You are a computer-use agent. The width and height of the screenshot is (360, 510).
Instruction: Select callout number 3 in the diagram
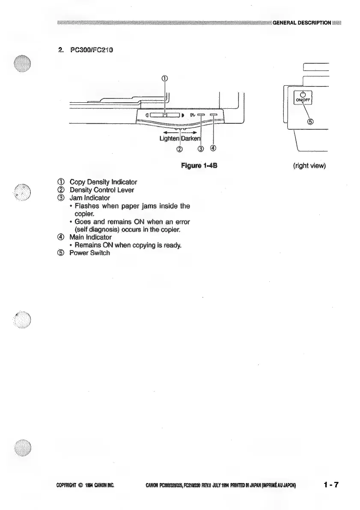201,149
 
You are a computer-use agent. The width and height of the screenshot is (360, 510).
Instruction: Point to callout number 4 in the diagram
213,149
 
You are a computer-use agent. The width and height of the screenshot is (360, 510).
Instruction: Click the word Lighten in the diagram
168,139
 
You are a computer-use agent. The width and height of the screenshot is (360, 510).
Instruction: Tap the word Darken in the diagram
191,139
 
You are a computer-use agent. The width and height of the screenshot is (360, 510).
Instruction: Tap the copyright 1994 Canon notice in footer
85,485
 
